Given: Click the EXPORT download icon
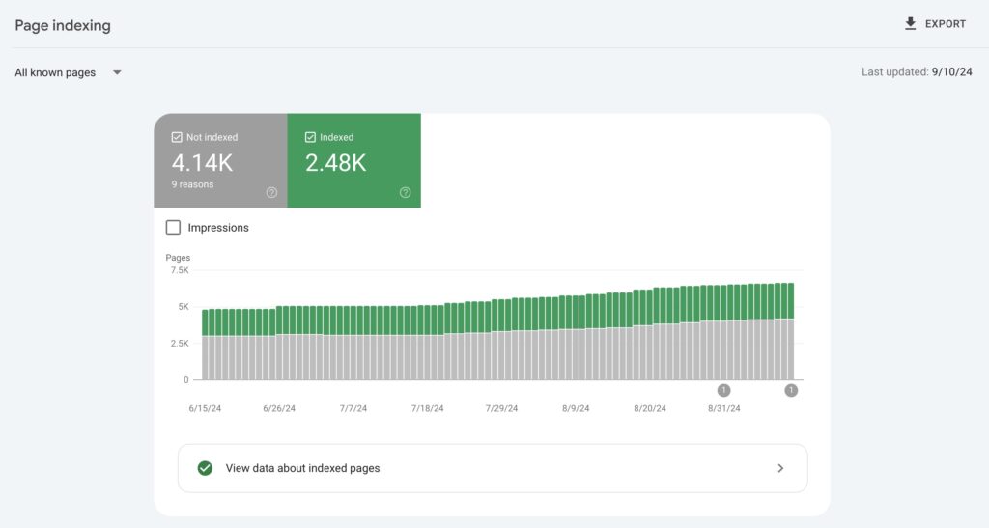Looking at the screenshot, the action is tap(910, 24).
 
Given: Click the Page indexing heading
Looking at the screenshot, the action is tap(63, 26).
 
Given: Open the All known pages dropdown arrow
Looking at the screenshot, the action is tap(117, 72).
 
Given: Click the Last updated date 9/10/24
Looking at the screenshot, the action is tap(951, 71).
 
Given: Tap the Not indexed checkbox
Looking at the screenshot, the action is tap(177, 137).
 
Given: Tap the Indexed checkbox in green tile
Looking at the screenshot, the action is tap(310, 137).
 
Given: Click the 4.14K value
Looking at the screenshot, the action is tap(202, 163).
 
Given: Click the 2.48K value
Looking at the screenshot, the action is tap(335, 163).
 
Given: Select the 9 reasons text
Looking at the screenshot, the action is tap(192, 184).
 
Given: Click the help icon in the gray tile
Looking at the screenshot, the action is tap(271, 193).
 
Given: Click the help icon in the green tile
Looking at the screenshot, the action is tap(405, 193).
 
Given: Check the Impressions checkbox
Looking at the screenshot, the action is tap(173, 228).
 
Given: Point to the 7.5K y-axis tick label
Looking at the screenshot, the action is tap(180, 270).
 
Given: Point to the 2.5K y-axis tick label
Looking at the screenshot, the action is tap(180, 344).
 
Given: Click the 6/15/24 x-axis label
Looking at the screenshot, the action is tap(205, 408).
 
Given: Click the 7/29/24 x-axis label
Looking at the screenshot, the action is tap(501, 408).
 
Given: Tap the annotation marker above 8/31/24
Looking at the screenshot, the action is tap(723, 391).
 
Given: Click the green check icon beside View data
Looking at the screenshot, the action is tap(205, 468).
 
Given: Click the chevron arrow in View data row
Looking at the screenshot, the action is tap(780, 468).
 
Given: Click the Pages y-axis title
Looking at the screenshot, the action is tap(178, 258).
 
